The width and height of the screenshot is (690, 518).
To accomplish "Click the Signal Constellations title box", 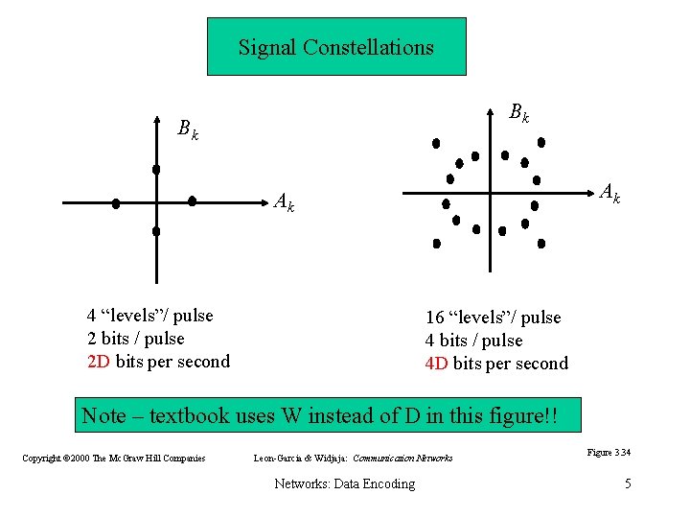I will point(336,46).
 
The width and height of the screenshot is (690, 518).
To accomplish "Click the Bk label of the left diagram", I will point(188,129).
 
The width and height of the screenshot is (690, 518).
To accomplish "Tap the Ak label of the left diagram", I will point(284,202).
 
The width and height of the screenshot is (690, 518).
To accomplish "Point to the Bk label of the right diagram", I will point(518,112).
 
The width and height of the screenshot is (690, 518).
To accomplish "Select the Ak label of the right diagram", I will point(609,195).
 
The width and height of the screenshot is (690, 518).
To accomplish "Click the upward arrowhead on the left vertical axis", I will point(156,122).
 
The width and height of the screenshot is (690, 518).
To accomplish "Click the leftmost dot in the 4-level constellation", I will point(116,203).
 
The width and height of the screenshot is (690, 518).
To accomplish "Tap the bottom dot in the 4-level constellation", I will point(156,231).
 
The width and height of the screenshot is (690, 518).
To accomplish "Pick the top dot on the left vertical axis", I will point(156,170).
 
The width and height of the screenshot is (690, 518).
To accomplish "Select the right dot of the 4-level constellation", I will point(193,201).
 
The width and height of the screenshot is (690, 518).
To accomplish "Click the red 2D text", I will point(99,362).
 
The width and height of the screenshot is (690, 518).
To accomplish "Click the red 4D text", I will point(437,364).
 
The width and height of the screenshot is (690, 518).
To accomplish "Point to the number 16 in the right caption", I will point(434,318).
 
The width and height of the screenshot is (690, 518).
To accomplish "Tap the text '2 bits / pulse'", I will point(135,339).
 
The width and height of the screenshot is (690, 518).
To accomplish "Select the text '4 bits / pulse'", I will point(473,341).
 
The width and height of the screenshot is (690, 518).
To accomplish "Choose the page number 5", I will point(628,483).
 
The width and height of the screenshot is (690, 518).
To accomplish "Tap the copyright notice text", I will point(113,459).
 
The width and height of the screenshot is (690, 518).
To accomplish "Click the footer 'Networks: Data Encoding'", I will point(345,483).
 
